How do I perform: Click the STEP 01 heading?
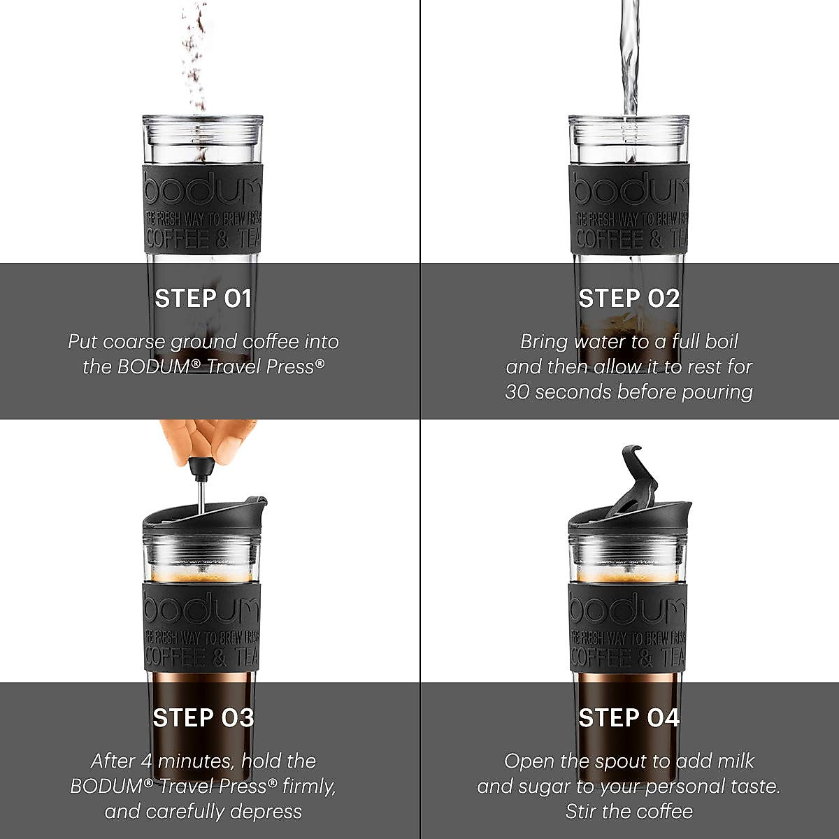pyautogui.click(x=203, y=299)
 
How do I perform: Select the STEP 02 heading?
pyautogui.click(x=629, y=299)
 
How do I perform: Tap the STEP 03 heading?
pyautogui.click(x=203, y=718)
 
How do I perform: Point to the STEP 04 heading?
pyautogui.click(x=629, y=718)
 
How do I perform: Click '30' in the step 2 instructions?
pyautogui.click(x=518, y=392)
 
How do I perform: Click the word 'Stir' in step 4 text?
pyautogui.click(x=581, y=812)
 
